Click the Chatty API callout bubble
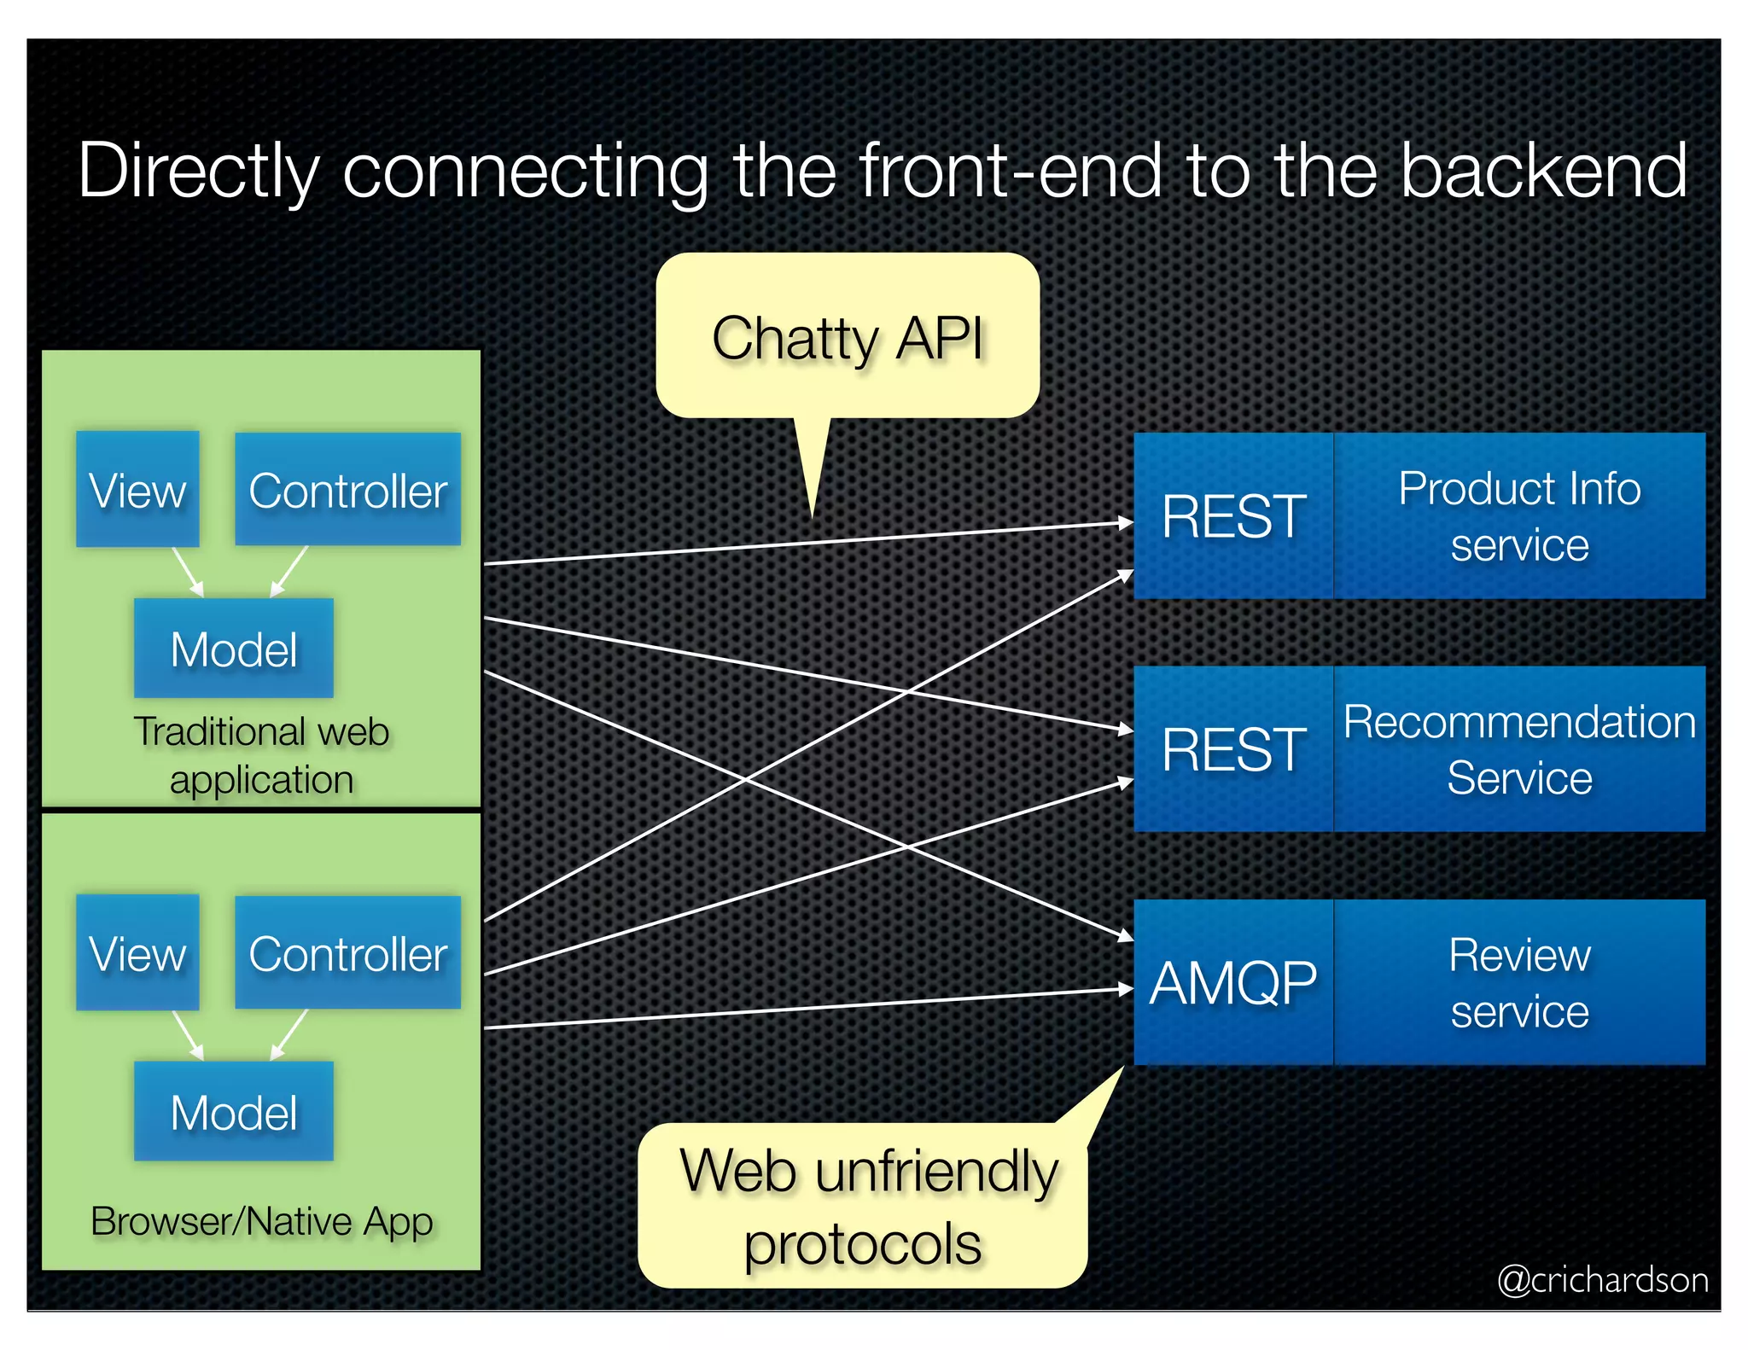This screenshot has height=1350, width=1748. [x=847, y=337]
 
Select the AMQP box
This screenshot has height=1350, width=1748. [x=1232, y=982]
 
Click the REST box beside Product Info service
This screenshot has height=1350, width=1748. [x=1232, y=515]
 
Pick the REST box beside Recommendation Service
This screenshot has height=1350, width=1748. [x=1232, y=748]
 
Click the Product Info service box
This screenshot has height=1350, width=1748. [x=1519, y=515]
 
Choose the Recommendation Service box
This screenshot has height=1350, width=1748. [x=1519, y=748]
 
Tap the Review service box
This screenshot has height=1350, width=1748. [x=1519, y=982]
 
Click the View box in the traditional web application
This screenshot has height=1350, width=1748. [x=137, y=489]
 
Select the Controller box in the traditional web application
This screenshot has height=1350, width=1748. [x=347, y=489]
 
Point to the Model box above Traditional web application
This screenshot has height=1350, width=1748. [x=233, y=649]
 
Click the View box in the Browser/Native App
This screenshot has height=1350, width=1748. [x=137, y=952]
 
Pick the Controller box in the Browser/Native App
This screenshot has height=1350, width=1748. [x=347, y=952]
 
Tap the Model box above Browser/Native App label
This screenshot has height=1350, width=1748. [x=233, y=1111]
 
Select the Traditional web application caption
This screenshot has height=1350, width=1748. [x=261, y=755]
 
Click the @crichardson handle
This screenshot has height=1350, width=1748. [x=1602, y=1279]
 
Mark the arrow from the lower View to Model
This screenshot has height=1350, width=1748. [x=188, y=1035]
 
